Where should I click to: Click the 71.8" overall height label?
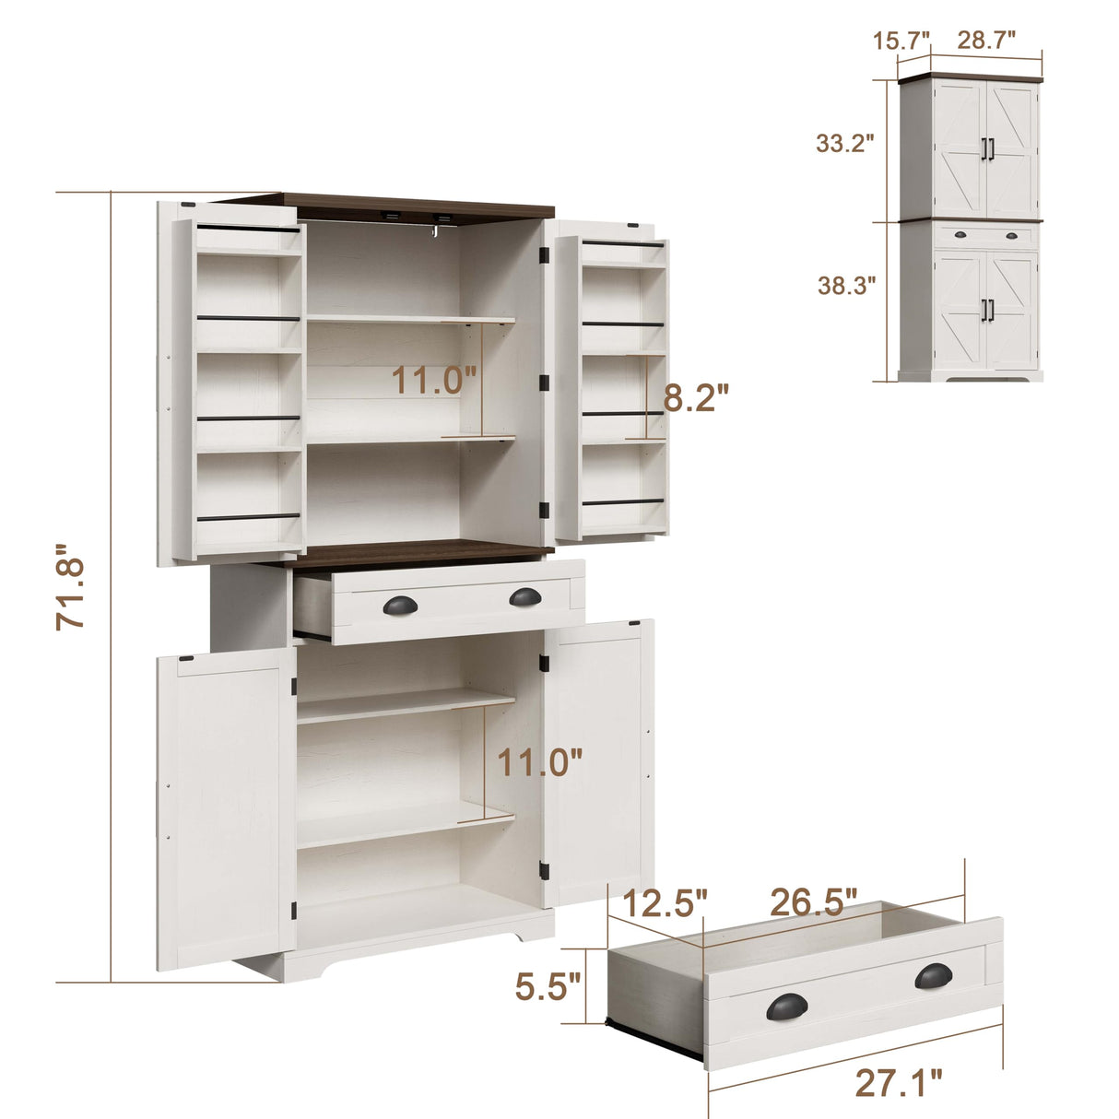(x=71, y=594)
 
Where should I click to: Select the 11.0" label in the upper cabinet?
(x=434, y=380)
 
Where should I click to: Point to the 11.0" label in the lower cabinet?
(x=540, y=762)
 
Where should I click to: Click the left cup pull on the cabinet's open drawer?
(x=399, y=604)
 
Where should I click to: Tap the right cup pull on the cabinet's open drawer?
(x=525, y=597)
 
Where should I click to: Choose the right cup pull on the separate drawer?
(x=935, y=975)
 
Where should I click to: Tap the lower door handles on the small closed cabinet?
(x=987, y=310)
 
